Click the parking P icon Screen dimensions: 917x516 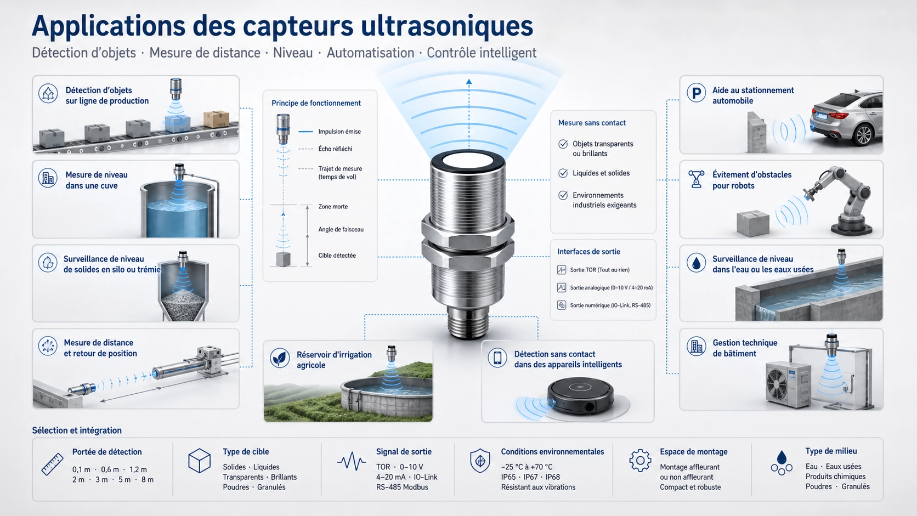click(x=696, y=93)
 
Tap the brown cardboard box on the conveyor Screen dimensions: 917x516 click(x=216, y=119)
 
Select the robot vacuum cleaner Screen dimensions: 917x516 click(x=580, y=395)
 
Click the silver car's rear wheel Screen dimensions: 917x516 click(x=863, y=135)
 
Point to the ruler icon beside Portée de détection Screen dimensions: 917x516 click(x=53, y=464)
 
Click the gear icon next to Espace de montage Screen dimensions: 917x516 click(x=640, y=461)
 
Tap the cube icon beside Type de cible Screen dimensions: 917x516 click(x=200, y=461)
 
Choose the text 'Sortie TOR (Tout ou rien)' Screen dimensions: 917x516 click(x=600, y=270)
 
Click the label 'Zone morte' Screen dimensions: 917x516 click(x=333, y=207)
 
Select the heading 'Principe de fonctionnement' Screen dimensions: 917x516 click(x=316, y=103)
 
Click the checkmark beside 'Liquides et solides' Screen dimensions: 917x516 click(x=563, y=173)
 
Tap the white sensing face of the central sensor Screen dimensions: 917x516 click(x=468, y=160)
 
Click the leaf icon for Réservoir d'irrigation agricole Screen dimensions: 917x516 click(x=280, y=358)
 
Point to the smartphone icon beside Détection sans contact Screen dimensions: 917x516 click(x=497, y=358)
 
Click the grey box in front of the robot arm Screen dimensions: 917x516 click(x=753, y=223)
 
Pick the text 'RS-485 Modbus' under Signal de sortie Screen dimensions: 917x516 click(x=402, y=487)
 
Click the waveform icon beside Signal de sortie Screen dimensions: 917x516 click(x=352, y=461)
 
